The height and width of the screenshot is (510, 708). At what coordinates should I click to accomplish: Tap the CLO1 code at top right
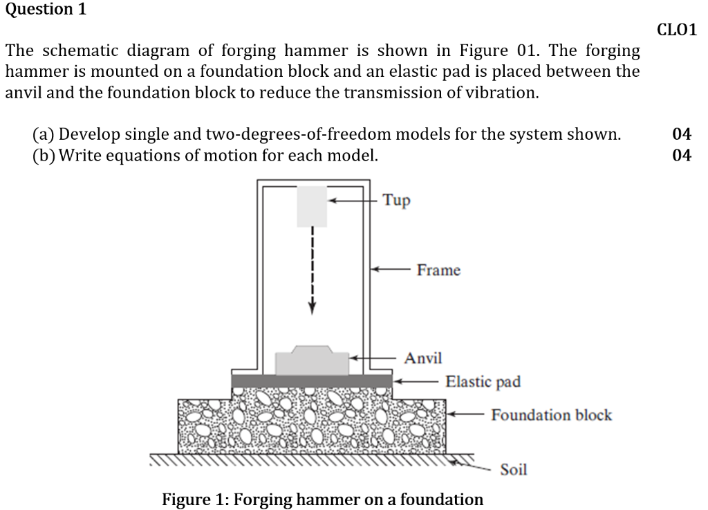coord(676,30)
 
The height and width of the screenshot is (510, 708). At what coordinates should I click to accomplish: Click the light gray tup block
coord(312,206)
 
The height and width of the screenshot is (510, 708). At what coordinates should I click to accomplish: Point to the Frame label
coord(438,271)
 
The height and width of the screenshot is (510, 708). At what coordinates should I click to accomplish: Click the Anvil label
coord(423,358)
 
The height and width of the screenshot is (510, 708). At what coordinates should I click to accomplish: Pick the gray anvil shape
coord(312,361)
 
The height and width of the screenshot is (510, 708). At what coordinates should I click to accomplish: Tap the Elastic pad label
coord(483,381)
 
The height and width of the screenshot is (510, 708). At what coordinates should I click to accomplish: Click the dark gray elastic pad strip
coord(312,381)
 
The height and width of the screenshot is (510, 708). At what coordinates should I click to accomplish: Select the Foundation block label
coord(551,415)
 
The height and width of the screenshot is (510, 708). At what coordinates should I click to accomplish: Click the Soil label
coord(513,470)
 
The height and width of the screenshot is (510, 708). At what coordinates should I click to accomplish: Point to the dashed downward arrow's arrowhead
coord(312,308)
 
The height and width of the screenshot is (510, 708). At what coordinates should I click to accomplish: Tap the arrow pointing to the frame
coord(391,270)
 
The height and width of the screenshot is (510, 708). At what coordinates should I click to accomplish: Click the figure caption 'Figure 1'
coord(322,499)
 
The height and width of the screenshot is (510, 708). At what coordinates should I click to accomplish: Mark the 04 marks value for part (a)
coord(681,134)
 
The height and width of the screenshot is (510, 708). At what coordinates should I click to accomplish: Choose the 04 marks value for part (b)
coord(681,155)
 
